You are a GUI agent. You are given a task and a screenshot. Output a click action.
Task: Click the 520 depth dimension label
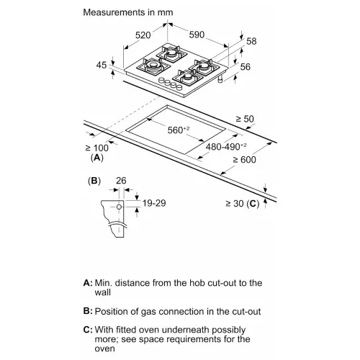(x=143, y=35)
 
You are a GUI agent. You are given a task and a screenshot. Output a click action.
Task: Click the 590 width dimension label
(x=197, y=35)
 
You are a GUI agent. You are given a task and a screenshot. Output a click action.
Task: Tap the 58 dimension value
(x=251, y=41)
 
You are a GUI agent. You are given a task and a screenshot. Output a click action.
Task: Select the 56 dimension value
(x=246, y=67)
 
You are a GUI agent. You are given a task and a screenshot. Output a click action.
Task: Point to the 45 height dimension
(x=102, y=65)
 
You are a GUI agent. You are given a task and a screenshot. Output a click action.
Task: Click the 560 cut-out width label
(x=179, y=130)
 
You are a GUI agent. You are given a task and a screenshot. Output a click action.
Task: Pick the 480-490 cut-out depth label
(x=226, y=147)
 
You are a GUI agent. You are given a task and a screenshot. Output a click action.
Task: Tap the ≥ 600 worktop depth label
(x=244, y=160)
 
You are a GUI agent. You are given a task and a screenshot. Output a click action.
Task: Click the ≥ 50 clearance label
(x=245, y=119)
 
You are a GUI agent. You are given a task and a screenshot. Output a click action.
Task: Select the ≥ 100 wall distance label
(x=97, y=148)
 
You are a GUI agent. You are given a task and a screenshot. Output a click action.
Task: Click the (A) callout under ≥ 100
(x=97, y=158)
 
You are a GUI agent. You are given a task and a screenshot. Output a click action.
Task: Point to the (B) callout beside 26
(x=94, y=181)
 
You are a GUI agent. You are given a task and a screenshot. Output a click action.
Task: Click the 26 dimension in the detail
(x=121, y=181)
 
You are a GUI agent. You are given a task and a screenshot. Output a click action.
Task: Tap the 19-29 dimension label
(x=154, y=203)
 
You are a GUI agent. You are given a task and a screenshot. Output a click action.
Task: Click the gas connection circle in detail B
(x=119, y=207)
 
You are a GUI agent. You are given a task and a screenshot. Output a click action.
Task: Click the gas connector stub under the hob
(x=220, y=79)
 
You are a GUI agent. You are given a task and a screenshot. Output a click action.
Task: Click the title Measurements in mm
(x=128, y=12)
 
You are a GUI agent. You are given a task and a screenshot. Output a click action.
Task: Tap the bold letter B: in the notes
(x=88, y=311)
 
